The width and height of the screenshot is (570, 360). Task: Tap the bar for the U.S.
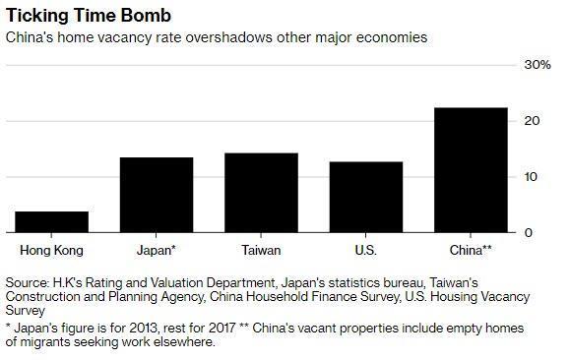click(x=367, y=197)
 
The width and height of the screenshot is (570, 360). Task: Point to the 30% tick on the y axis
click(x=537, y=65)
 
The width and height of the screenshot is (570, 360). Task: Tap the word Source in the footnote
click(x=27, y=282)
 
